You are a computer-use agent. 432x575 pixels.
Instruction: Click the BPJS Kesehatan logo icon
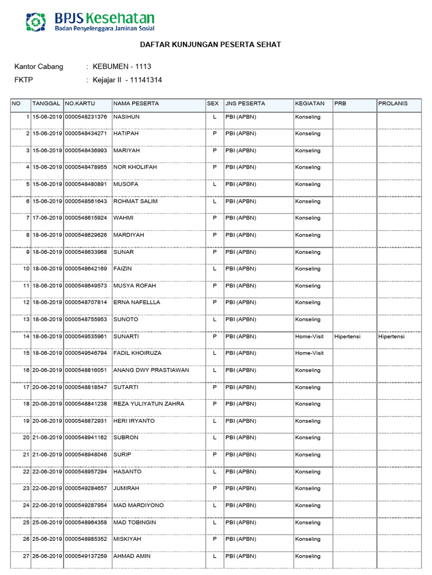pos(37,21)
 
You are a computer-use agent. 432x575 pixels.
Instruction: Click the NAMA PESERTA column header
pos(136,103)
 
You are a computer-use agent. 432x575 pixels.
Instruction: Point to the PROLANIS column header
pos(393,103)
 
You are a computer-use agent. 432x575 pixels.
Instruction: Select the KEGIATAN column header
pos(309,103)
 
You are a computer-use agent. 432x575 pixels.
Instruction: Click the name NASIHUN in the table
pos(126,117)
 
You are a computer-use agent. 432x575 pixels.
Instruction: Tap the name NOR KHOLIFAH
pos(133,167)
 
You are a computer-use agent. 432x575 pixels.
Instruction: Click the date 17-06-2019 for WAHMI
pos(47,218)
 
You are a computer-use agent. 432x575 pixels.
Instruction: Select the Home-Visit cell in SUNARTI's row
pos(309,336)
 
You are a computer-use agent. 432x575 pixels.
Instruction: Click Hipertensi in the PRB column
pos(347,336)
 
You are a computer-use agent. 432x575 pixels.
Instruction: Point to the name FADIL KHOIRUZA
pos(137,353)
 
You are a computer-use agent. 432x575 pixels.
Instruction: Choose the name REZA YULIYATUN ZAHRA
pos(148,404)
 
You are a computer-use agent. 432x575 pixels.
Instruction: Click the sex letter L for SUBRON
pos(214,437)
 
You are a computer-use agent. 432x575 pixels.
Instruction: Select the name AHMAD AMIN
pos(132,556)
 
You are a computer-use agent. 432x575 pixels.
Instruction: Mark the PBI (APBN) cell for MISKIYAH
pos(241,539)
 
